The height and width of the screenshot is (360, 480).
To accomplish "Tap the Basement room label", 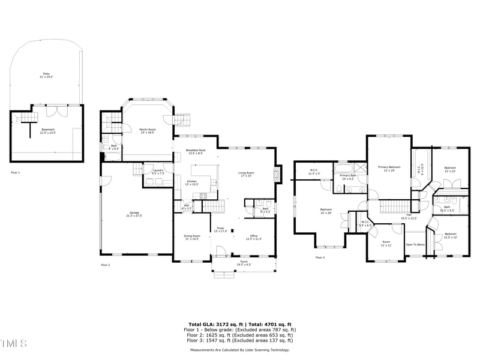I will pyautogui.click(x=47, y=130).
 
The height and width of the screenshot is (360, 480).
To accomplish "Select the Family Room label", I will pyautogui.click(x=147, y=130).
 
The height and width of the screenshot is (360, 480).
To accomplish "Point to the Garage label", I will pyautogui.click(x=133, y=214).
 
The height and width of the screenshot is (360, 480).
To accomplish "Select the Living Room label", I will pyautogui.click(x=247, y=174).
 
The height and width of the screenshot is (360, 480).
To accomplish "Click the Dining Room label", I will pyautogui.click(x=192, y=237).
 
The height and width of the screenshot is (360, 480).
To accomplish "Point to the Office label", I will pyautogui.click(x=253, y=237).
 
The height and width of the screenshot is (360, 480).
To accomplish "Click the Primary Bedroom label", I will pyautogui.click(x=389, y=168).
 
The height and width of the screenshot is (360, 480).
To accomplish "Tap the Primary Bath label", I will pyautogui.click(x=348, y=177).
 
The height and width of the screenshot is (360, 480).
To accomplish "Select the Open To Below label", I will pyautogui.click(x=415, y=245).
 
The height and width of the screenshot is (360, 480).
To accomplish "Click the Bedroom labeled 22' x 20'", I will pyautogui.click(x=326, y=211).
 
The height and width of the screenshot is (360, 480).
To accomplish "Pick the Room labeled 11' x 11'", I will pyautogui.click(x=386, y=244).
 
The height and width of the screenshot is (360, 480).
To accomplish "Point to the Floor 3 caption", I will pyautogui.click(x=320, y=257).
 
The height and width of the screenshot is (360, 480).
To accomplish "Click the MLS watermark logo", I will pyautogui.click(x=14, y=343).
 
